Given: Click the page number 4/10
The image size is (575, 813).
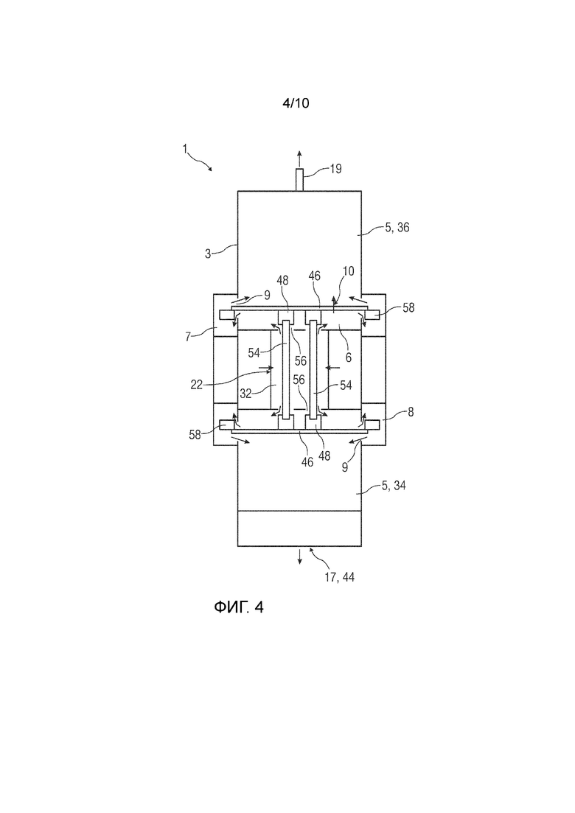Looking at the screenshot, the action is pos(296,103).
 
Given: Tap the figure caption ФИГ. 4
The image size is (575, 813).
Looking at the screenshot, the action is pos(239,607).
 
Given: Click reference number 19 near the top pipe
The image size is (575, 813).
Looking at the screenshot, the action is pos(335,169).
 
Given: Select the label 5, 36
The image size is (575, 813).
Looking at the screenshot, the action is pos(397,227).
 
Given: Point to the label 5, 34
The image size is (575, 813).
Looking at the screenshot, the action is pos(394,485).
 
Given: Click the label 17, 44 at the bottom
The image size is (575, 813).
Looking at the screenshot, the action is pos(340,577).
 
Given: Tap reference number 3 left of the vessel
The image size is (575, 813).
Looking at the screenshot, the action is pos(208,254).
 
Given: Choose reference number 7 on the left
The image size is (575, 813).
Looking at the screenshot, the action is pos(188,337).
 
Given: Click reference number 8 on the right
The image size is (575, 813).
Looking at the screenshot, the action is pos(411,413).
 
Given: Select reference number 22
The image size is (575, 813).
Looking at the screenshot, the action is pos(197,385).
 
